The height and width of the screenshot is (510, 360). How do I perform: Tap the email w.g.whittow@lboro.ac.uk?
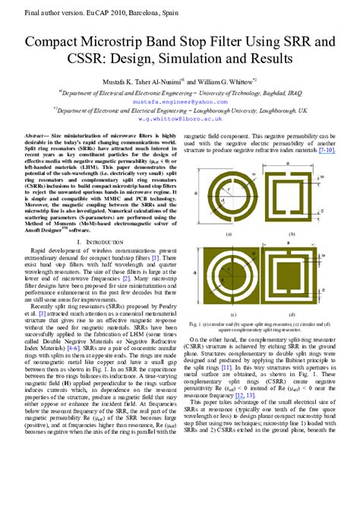179,119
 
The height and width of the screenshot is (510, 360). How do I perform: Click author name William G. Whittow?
232,80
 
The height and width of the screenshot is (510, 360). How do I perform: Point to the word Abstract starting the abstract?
38,133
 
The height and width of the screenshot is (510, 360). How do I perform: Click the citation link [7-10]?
327,150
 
